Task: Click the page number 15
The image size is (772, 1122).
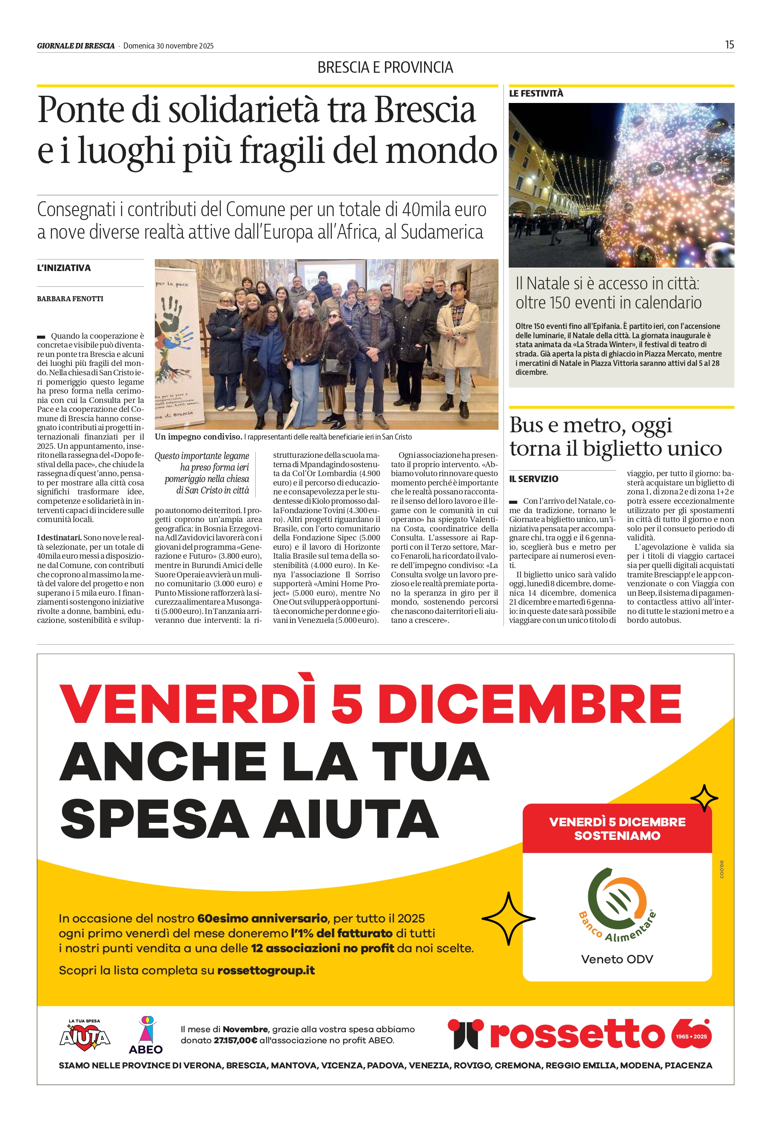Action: (x=729, y=45)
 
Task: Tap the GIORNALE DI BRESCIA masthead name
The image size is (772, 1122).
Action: (x=76, y=46)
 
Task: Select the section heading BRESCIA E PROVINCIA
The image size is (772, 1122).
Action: (x=385, y=67)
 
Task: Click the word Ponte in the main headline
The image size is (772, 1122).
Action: (x=81, y=110)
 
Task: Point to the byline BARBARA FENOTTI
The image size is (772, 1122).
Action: (x=70, y=299)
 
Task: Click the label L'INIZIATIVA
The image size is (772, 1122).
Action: (x=64, y=268)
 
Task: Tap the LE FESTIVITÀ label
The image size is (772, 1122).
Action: (x=536, y=93)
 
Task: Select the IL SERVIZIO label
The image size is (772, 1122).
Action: (x=533, y=479)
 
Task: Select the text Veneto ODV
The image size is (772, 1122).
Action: (x=617, y=959)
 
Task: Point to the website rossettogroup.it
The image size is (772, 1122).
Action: (x=266, y=970)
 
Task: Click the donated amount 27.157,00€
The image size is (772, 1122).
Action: (x=235, y=1040)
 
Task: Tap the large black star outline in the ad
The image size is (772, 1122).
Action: (x=508, y=918)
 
